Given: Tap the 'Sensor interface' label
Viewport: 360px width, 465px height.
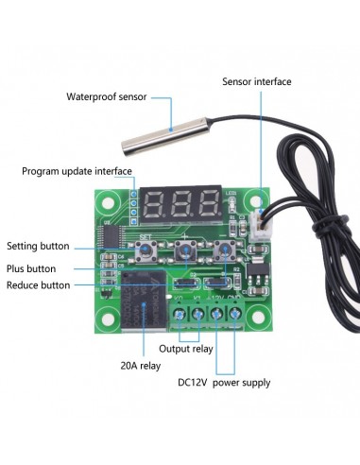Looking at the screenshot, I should tap(257, 81).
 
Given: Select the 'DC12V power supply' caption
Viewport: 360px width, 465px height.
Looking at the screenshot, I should tap(225, 383).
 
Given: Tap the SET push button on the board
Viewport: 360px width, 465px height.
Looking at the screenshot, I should tap(147, 251).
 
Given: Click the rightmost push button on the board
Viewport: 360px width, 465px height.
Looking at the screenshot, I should tap(223, 251).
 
